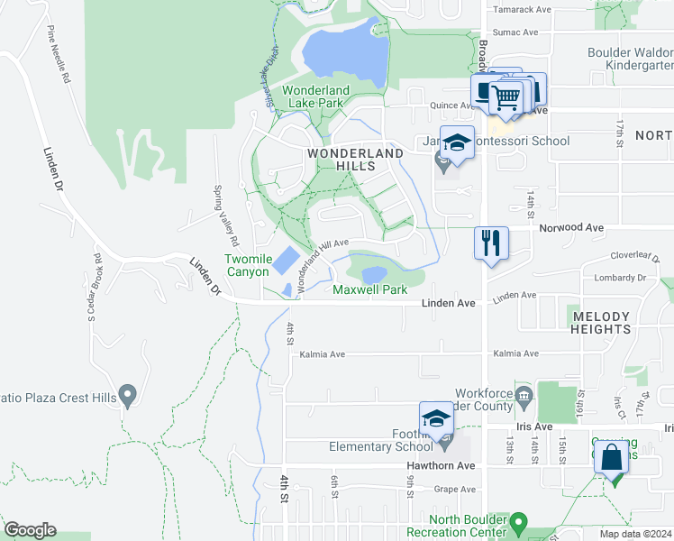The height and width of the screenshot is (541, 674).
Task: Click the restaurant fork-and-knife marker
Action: [x=491, y=243]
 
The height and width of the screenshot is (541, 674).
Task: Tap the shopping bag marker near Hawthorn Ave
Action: [x=612, y=458]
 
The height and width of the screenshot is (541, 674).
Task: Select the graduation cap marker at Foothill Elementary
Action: [x=436, y=419]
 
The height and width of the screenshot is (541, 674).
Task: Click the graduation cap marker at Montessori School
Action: [x=458, y=143]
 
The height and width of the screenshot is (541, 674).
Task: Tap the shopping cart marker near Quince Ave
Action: [x=506, y=96]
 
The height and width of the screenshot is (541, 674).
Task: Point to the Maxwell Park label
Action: [x=370, y=289]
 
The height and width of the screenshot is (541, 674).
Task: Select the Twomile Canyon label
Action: [x=246, y=264]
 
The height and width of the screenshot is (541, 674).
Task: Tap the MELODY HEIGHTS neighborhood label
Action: [x=600, y=322]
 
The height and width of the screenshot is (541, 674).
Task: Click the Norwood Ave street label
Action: [x=570, y=228]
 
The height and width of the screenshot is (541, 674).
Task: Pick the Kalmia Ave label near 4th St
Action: [x=323, y=354]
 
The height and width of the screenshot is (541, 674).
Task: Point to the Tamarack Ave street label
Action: [x=518, y=9]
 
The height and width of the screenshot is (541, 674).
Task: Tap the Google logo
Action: [x=29, y=530]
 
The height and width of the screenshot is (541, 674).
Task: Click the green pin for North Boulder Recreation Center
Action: [x=518, y=522]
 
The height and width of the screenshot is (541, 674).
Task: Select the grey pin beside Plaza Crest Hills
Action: [x=128, y=394]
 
